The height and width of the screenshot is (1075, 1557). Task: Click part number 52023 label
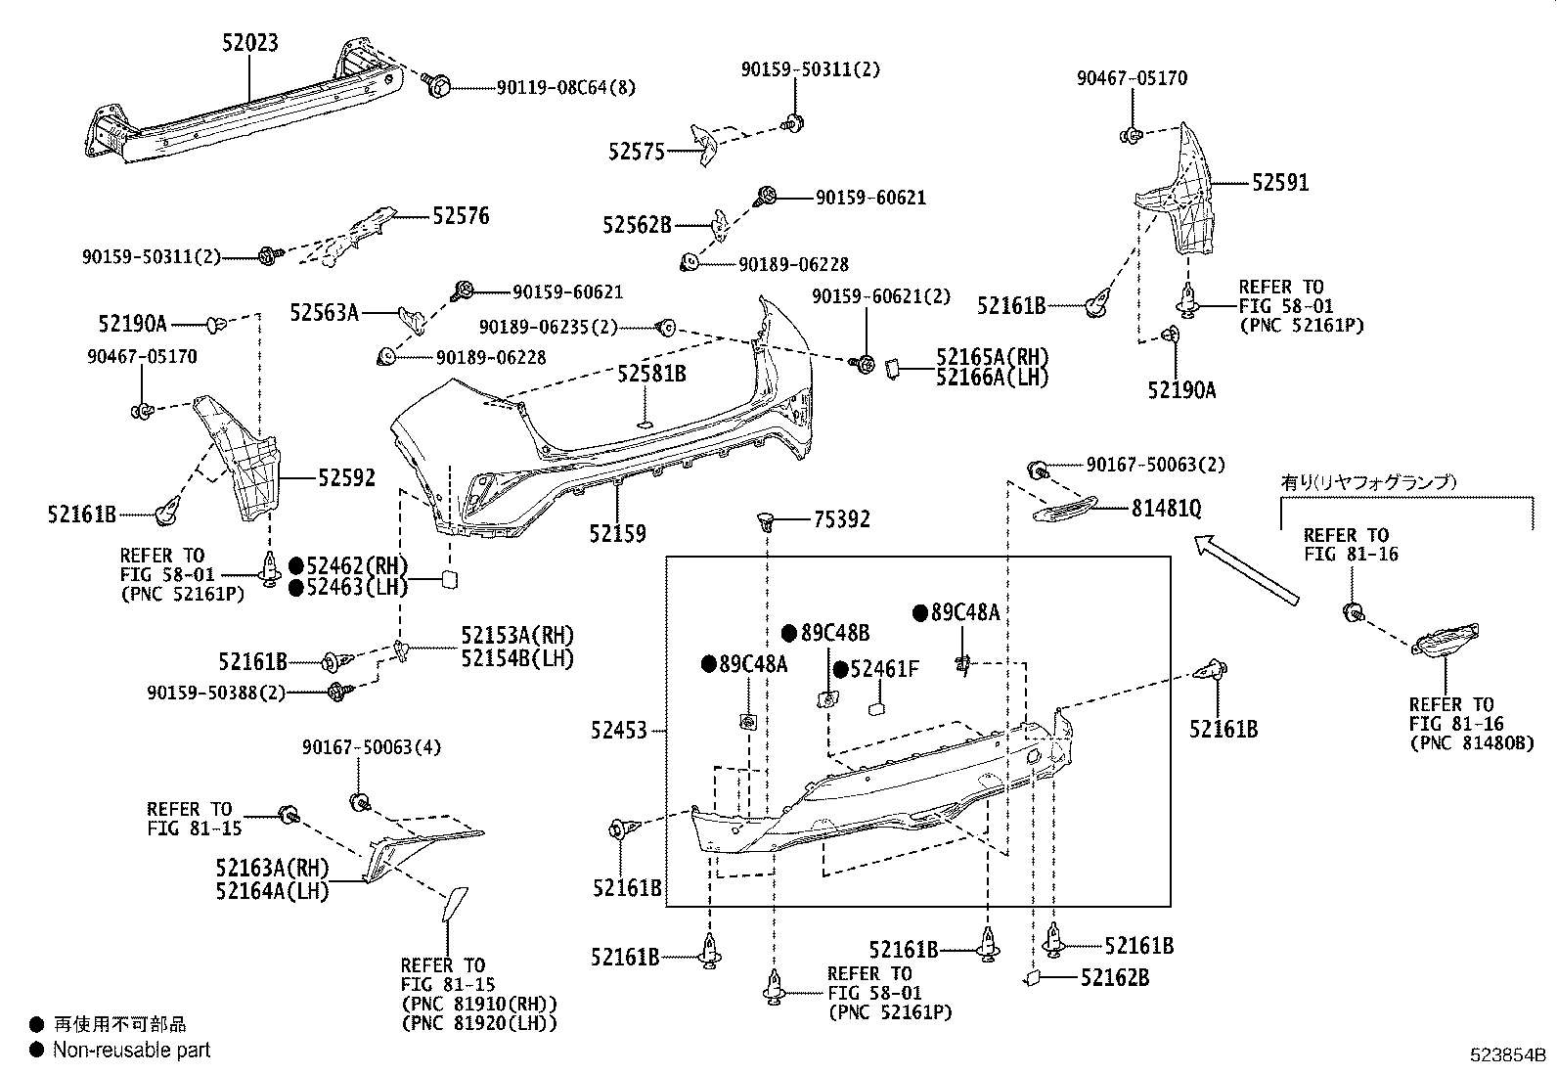click(x=250, y=42)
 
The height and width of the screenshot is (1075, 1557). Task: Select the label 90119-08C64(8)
click(x=566, y=88)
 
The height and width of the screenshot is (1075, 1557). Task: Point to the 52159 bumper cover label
click(x=617, y=534)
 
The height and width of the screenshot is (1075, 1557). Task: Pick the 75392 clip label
click(x=841, y=520)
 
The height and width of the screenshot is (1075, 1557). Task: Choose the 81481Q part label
click(x=1166, y=509)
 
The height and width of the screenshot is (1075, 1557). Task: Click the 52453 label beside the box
click(x=618, y=730)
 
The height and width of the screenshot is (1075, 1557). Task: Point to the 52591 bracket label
click(x=1280, y=183)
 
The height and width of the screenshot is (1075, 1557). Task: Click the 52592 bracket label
click(x=345, y=477)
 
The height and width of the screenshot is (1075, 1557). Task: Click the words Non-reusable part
click(x=131, y=1051)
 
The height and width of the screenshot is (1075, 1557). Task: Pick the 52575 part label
click(x=636, y=152)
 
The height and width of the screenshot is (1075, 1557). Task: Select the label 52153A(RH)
click(x=517, y=635)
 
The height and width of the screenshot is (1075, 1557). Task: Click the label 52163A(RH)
click(x=272, y=869)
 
